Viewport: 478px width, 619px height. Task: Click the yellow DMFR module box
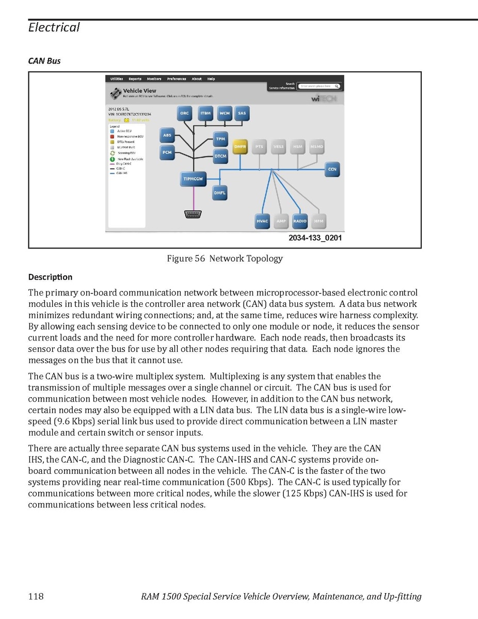coord(240,147)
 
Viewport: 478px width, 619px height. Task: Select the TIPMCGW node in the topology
coord(194,179)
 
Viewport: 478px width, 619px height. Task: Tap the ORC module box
coord(185,114)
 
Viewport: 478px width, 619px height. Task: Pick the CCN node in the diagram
coord(332,169)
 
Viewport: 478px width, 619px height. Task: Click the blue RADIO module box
coord(300,221)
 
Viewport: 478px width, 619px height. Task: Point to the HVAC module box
coord(263,221)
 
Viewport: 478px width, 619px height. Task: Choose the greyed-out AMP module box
coord(281,221)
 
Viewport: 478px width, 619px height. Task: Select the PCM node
coord(167,152)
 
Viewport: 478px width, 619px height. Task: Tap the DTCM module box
coord(220,156)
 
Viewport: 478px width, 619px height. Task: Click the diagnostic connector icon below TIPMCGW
coord(194,214)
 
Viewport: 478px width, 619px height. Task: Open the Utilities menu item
coord(117,79)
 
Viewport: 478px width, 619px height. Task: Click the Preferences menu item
coord(177,79)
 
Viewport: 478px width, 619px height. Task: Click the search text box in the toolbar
coord(320,86)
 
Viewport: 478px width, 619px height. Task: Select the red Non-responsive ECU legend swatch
coord(111,136)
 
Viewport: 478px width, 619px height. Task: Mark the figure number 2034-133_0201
coord(315,238)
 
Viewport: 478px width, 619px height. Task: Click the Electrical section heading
coord(54,27)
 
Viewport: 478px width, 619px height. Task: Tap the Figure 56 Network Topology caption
coord(225,258)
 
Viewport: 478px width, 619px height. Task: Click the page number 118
coord(36,597)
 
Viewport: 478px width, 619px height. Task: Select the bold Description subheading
coord(50,277)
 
